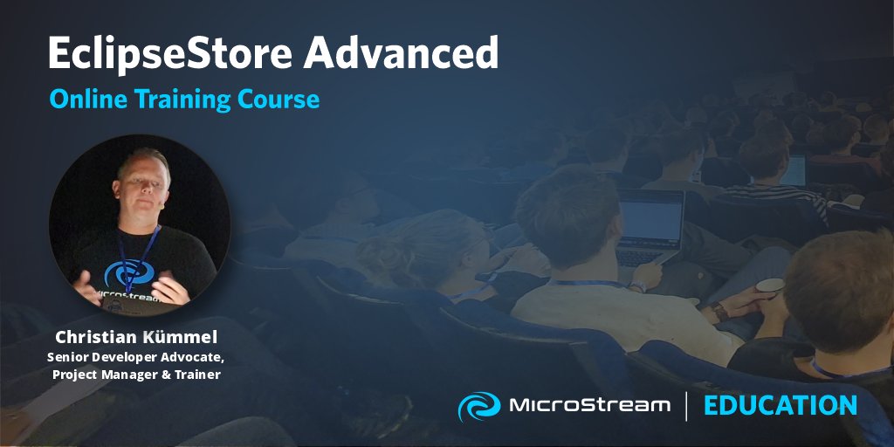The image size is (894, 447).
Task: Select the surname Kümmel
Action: pos(183,337)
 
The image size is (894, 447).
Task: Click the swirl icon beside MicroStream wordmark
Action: pos(478,406)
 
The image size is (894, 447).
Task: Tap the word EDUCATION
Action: pos(780,405)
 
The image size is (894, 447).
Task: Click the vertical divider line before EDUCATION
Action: pos(686,406)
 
